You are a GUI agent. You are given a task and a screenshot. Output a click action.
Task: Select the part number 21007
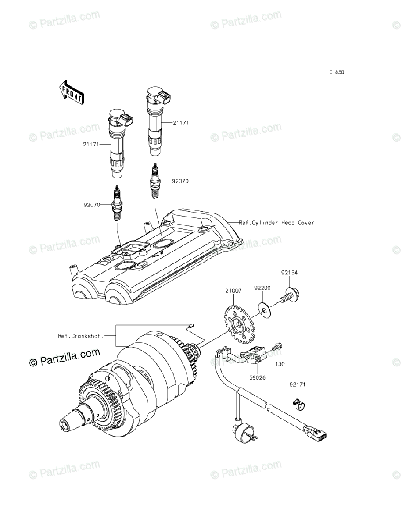(x=233, y=291)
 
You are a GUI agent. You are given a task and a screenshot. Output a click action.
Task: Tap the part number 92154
(x=290, y=272)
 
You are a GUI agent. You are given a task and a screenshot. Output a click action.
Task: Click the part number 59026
(x=257, y=377)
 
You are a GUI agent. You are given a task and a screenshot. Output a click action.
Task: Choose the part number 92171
(x=297, y=384)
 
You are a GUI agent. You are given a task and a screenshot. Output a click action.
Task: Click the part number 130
(x=280, y=364)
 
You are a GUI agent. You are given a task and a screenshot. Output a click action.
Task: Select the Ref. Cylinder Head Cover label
(x=276, y=223)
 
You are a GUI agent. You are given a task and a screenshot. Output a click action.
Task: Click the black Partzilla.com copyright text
(x=65, y=358)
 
